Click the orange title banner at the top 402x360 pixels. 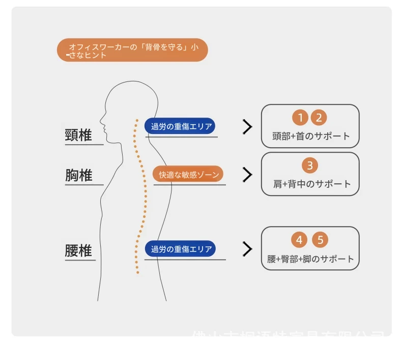pyautogui.click(x=132, y=50)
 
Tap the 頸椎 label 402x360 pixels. pyautogui.click(x=78, y=135)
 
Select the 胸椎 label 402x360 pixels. pyautogui.click(x=78, y=175)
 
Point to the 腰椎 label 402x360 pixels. pyautogui.click(x=78, y=251)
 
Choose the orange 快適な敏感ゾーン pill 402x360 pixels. pyautogui.click(x=188, y=175)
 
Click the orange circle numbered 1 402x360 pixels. pyautogui.click(x=300, y=118)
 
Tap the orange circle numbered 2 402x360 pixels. pyautogui.click(x=319, y=118)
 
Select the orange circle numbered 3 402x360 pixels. pyautogui.click(x=309, y=165)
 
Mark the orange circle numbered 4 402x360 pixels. pyautogui.click(x=299, y=240)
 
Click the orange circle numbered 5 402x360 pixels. pyautogui.click(x=320, y=240)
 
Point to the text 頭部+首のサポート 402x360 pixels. pyautogui.click(x=311, y=136)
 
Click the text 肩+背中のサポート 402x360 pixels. pyautogui.click(x=312, y=184)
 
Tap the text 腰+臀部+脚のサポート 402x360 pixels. pyautogui.click(x=310, y=259)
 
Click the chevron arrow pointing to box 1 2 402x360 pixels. pyautogui.click(x=248, y=127)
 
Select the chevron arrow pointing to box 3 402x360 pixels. pyautogui.click(x=248, y=175)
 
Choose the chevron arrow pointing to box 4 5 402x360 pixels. pyautogui.click(x=248, y=249)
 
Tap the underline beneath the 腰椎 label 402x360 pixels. pyautogui.click(x=80, y=261)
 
